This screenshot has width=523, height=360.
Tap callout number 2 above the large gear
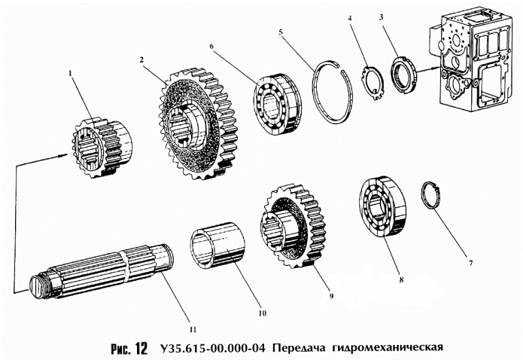[141, 58]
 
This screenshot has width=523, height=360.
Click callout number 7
[470, 264]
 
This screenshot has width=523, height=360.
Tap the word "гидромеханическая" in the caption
[381, 349]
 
